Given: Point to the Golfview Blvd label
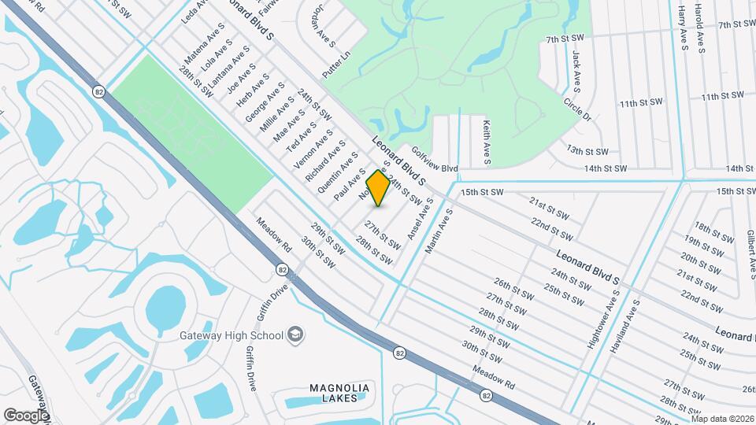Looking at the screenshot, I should coord(434,163).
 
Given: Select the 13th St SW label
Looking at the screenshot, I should coord(587,150).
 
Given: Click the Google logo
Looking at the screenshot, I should coord(27,415).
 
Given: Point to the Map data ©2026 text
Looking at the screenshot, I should coord(721,419).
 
